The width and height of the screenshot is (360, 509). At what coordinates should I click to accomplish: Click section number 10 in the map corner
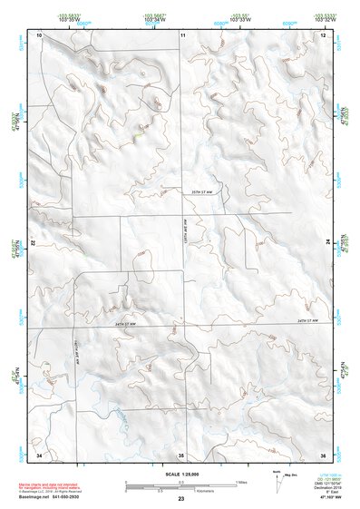coord(40,34)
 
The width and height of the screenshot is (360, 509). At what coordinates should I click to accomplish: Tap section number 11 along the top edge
coord(182,34)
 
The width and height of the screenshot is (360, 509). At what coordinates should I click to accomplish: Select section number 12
coord(324,34)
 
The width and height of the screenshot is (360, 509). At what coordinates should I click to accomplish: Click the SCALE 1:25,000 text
coord(180,474)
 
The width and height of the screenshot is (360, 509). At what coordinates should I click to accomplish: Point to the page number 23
coord(181,500)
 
